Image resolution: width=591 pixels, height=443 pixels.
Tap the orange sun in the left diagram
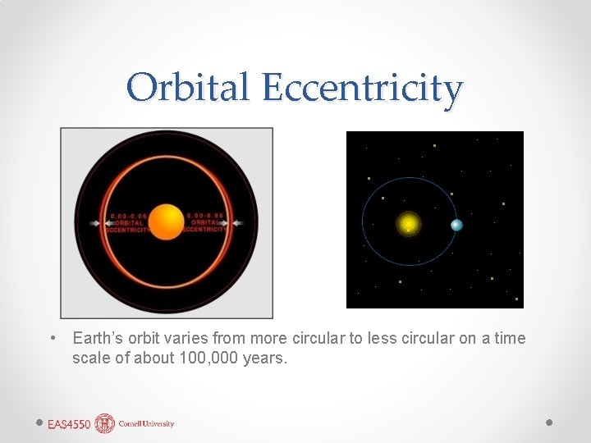pyautogui.click(x=167, y=222)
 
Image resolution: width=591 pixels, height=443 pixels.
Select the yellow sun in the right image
pyautogui.click(x=408, y=223)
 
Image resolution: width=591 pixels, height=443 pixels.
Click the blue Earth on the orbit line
pyautogui.click(x=456, y=225)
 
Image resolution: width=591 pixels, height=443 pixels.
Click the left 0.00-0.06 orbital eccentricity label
pyautogui.click(x=128, y=223)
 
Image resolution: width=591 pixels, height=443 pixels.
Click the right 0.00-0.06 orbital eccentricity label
pyautogui.click(x=204, y=223)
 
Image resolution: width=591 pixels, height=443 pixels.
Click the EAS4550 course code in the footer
pyautogui.click(x=69, y=424)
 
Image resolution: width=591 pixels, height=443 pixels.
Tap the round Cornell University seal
pyautogui.click(x=105, y=423)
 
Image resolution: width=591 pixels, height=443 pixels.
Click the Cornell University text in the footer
pyautogui.click(x=146, y=424)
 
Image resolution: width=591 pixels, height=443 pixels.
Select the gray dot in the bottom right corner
pyautogui.click(x=549, y=422)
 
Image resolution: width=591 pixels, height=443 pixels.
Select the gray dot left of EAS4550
pyautogui.click(x=39, y=422)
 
